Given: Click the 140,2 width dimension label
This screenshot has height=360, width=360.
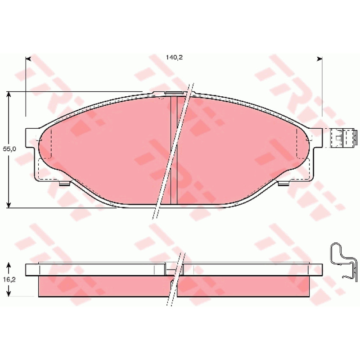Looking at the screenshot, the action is (x=174, y=58).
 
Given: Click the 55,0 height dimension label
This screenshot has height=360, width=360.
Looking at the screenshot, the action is (x=9, y=149).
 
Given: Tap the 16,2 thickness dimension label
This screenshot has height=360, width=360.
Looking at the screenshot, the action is (x=9, y=279).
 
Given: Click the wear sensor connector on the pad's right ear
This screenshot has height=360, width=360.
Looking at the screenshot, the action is (x=343, y=138).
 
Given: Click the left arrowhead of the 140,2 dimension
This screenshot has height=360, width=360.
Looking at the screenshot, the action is (x=28, y=59).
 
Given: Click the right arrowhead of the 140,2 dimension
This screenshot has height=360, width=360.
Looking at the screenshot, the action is (x=319, y=59).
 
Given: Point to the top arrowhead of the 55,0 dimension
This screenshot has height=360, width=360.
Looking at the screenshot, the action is (x=9, y=95).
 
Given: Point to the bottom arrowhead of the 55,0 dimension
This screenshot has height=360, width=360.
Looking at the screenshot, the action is (x=9, y=205).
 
